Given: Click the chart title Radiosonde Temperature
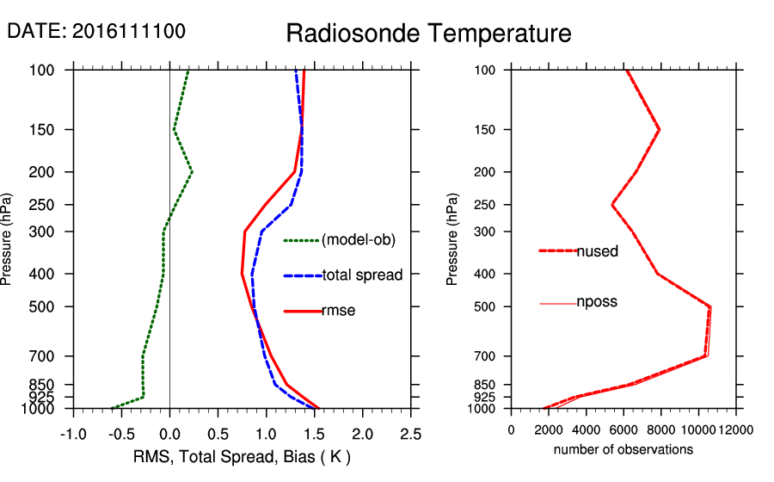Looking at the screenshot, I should pyautogui.click(x=428, y=34).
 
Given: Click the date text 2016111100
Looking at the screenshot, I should pyautogui.click(x=129, y=31).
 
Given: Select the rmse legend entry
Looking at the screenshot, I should pyautogui.click(x=338, y=311).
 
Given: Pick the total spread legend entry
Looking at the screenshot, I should pyautogui.click(x=361, y=275).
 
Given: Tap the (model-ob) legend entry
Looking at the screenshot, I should pyautogui.click(x=358, y=240).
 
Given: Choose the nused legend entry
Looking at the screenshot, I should pyautogui.click(x=597, y=251).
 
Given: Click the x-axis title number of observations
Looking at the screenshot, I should pyautogui.click(x=623, y=449).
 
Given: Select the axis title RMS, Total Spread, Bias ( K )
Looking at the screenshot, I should pyautogui.click(x=242, y=455).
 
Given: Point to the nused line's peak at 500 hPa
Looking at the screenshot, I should pyautogui.click(x=710, y=306).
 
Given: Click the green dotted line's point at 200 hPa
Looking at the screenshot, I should pyautogui.click(x=192, y=172).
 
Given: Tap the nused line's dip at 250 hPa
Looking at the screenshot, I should pyautogui.click(x=612, y=205).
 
